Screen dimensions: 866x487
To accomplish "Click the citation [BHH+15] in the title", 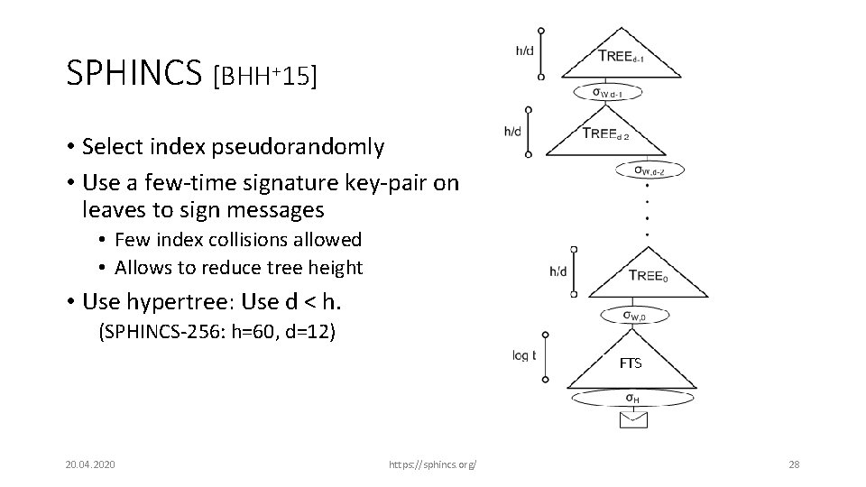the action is coord(264,76).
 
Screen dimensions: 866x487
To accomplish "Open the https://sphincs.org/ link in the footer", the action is coord(431,464).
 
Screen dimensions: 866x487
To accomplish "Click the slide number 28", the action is coord(794,464).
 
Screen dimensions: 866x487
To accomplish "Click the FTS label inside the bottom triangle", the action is coord(631,363).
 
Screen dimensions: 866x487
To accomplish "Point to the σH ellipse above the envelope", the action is coord(633,399).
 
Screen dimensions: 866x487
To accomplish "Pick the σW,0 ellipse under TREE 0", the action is coord(633,315).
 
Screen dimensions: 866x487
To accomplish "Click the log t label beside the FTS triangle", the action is coord(524,355).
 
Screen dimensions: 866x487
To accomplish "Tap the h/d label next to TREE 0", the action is coord(557,271).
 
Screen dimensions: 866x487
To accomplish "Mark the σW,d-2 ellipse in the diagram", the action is coord(649,169).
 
